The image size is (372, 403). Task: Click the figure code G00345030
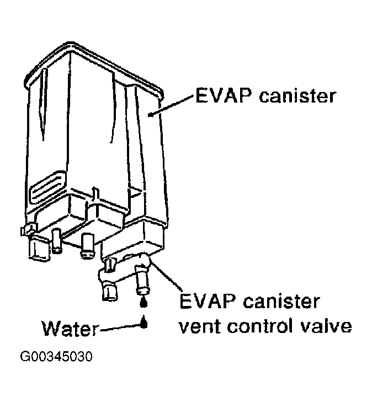(56, 356)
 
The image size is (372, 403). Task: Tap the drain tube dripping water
(142, 278)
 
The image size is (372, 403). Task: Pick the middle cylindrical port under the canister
(87, 244)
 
